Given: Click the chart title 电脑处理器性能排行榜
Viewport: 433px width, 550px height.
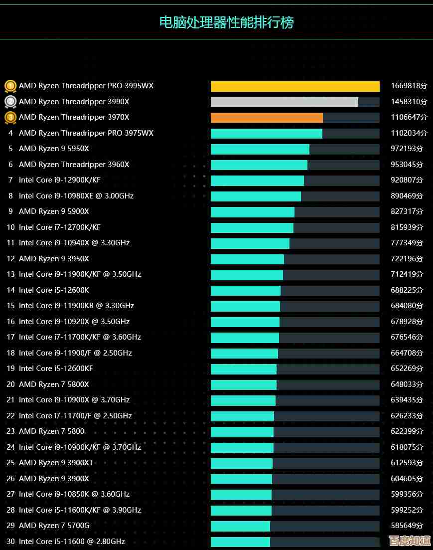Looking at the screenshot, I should (226, 22).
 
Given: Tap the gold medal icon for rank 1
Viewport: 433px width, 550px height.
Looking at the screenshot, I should (10, 86).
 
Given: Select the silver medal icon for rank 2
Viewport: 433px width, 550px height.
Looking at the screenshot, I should (10, 102).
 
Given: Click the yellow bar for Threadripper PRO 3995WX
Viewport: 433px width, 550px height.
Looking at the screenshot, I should (295, 86).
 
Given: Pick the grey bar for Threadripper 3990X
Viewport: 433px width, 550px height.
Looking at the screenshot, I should (284, 102).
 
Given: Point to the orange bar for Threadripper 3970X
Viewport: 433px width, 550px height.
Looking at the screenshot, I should (267, 118).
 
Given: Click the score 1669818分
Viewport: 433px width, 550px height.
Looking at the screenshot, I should (409, 86).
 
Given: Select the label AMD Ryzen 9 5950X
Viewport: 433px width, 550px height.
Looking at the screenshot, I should (54, 149).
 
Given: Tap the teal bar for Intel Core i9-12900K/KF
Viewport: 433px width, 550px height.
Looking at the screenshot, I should (257, 181).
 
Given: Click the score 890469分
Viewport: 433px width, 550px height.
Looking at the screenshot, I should (407, 196).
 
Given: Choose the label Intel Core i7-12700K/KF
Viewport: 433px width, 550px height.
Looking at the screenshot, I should (60, 227).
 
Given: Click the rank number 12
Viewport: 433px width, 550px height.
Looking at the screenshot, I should (10, 259).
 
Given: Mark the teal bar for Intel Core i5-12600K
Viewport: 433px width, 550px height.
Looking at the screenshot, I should (246, 290).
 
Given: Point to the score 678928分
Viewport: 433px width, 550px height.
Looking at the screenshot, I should (407, 322).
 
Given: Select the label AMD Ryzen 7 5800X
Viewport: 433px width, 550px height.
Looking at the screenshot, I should (54, 384).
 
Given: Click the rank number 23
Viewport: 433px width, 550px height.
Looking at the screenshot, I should (10, 431).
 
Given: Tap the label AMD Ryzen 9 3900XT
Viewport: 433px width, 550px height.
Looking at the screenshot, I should (56, 463).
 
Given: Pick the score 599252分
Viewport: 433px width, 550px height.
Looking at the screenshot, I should (407, 510).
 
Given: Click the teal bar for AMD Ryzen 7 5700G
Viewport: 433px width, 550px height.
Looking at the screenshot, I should (240, 526).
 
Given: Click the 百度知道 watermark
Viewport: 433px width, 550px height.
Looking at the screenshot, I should (410, 541).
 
